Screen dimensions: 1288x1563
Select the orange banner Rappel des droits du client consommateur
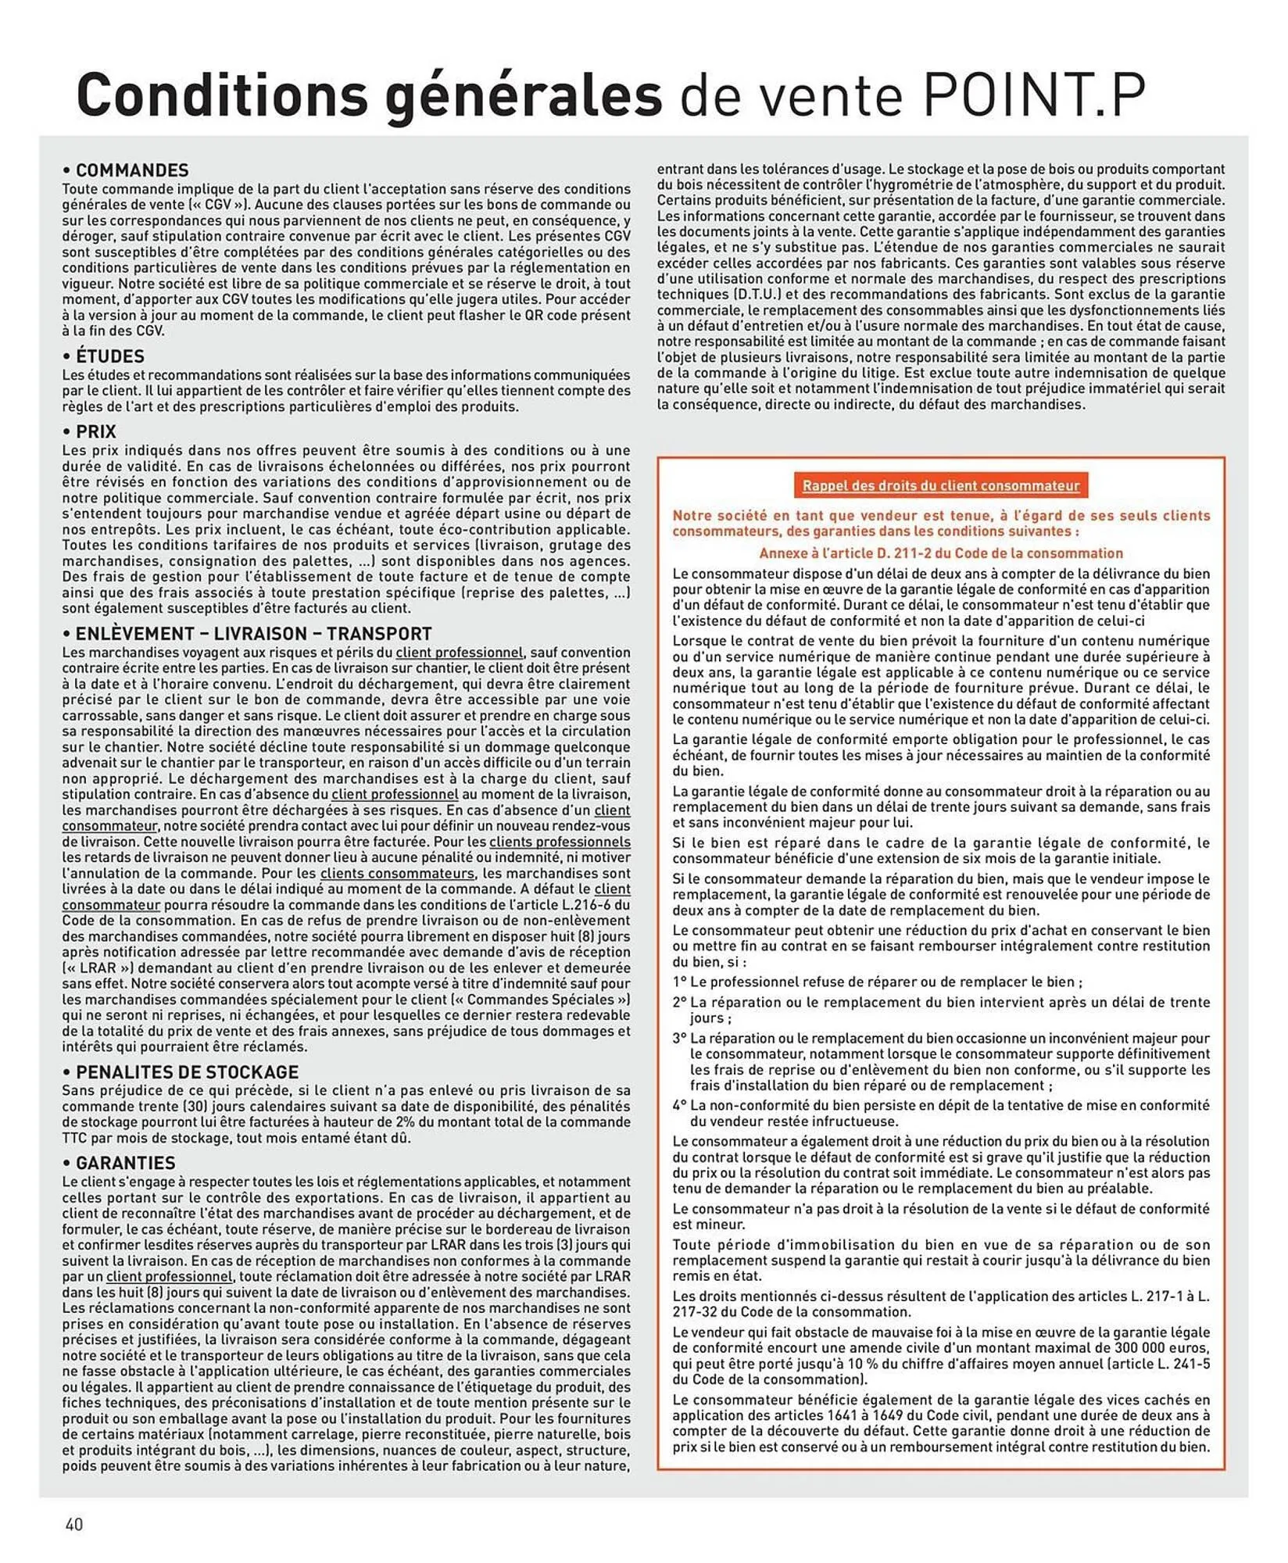click(x=940, y=485)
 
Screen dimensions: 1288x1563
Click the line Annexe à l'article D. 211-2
click(x=940, y=553)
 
